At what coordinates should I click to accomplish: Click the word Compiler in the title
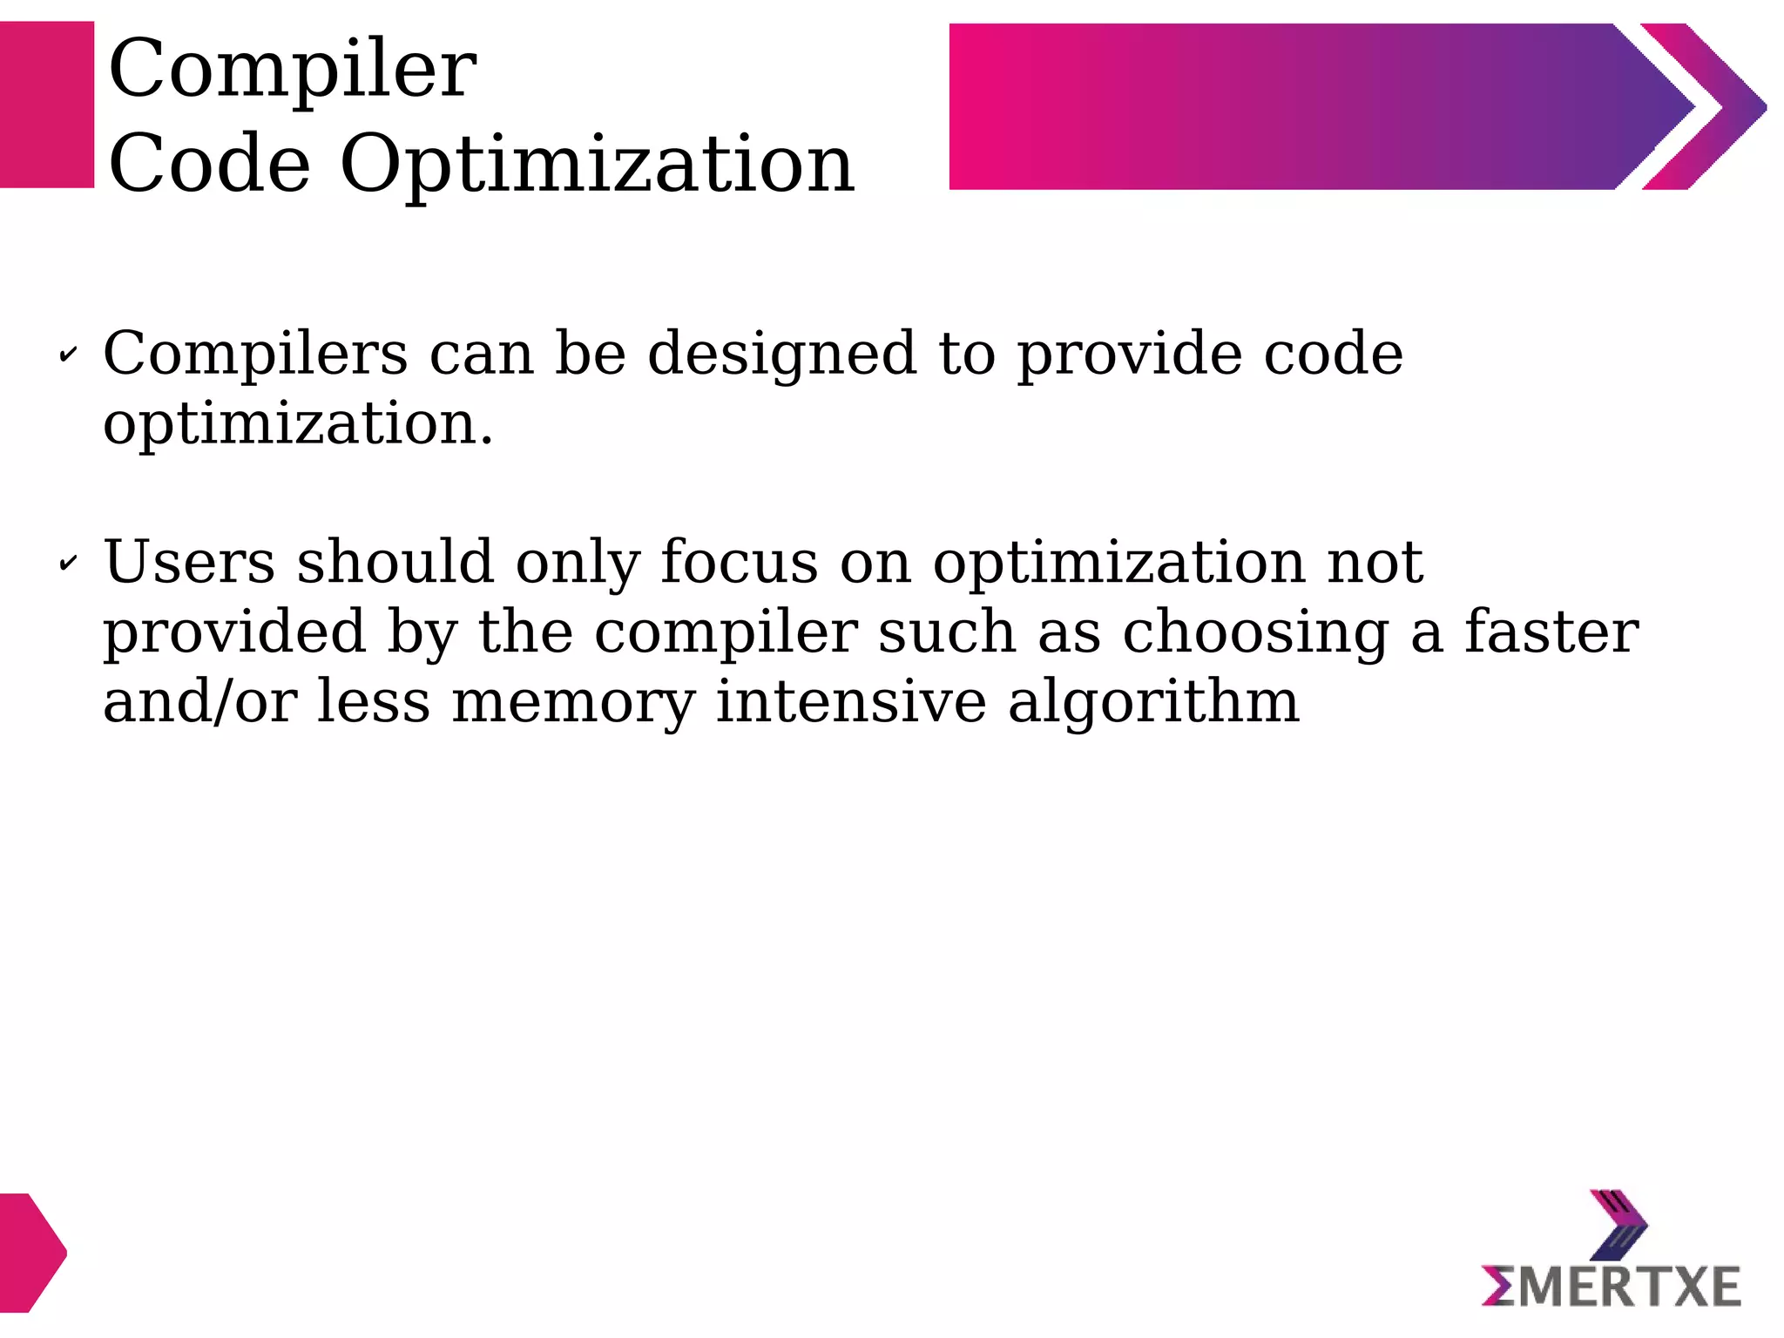pyautogui.click(x=292, y=70)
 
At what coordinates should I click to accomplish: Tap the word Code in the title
pyautogui.click(x=209, y=164)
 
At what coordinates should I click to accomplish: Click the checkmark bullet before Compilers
pyautogui.click(x=67, y=355)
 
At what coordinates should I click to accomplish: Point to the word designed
pyautogui.click(x=781, y=355)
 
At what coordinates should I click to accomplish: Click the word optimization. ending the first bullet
pyautogui.click(x=298, y=424)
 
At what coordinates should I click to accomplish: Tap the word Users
pyautogui.click(x=189, y=562)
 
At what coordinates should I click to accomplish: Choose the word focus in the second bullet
pyautogui.click(x=739, y=562)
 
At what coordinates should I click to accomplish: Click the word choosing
pyautogui.click(x=1255, y=633)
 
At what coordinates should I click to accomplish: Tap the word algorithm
pyautogui.click(x=1153, y=702)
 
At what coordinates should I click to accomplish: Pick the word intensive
pyautogui.click(x=850, y=702)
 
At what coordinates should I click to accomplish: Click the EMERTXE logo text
pyautogui.click(x=1611, y=1287)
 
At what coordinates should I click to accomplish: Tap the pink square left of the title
pyautogui.click(x=47, y=105)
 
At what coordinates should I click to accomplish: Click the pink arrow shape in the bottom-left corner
pyautogui.click(x=30, y=1252)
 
